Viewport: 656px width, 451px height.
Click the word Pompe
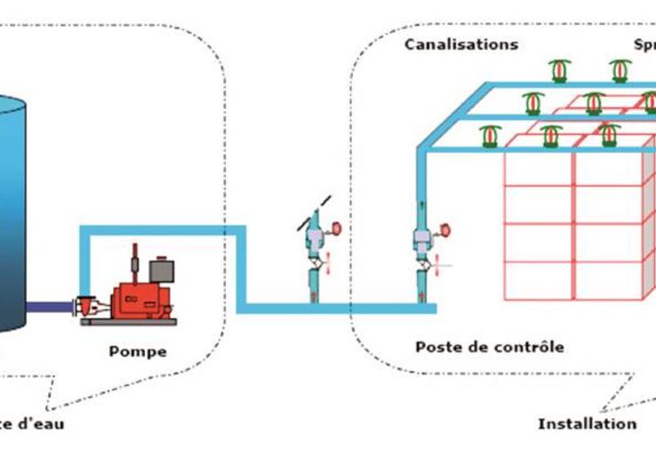[137, 351]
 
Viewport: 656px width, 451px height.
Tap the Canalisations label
[460, 44]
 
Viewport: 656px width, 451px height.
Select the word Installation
[587, 423]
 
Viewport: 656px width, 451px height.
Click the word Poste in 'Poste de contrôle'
[436, 346]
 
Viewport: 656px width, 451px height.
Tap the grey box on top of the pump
[161, 270]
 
